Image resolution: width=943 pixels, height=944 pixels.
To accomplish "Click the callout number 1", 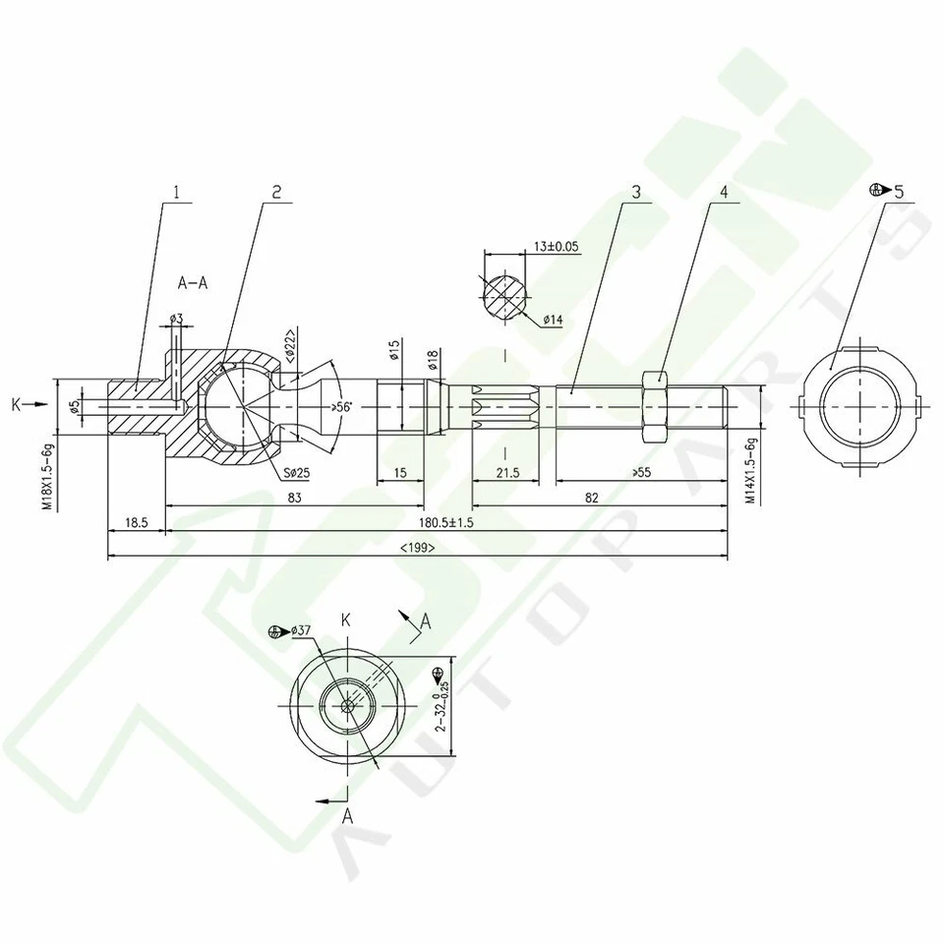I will [178, 193].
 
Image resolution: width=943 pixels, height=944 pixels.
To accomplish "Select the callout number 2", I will [276, 193].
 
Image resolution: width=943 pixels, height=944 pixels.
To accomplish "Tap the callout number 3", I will [636, 193].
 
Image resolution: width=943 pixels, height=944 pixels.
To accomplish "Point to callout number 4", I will [724, 193].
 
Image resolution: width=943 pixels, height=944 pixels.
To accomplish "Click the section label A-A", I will [192, 282].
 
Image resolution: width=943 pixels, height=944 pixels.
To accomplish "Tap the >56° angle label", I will [344, 406].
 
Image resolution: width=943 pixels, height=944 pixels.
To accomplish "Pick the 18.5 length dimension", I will [137, 523].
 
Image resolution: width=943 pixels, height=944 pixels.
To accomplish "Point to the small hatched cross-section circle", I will [504, 293].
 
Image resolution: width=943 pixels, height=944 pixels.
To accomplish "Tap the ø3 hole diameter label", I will [176, 319].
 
